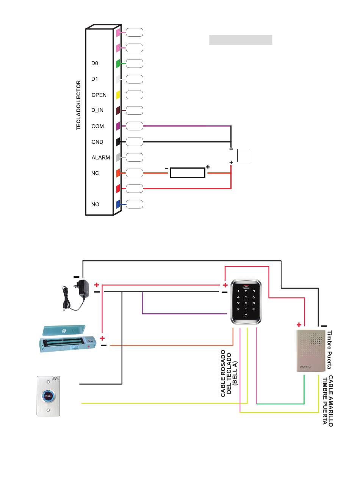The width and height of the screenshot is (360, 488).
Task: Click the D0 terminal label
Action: (95, 63)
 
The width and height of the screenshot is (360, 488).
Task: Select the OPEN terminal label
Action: (99, 95)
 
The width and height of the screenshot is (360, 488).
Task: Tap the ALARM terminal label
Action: (101, 157)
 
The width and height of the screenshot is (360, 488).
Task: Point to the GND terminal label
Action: (97, 142)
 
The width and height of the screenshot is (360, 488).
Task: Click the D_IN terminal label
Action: (97, 110)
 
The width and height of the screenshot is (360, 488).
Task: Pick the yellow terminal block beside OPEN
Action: (118, 95)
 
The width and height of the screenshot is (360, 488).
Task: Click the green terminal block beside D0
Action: (118, 64)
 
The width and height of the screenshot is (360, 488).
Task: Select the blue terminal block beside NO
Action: (118, 204)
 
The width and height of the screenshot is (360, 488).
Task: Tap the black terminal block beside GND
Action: (118, 142)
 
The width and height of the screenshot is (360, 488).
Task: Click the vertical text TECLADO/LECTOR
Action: (78, 105)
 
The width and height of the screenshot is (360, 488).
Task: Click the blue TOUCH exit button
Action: (48, 396)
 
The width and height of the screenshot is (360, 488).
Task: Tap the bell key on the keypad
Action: (246, 315)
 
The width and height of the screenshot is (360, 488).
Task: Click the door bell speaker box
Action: (311, 350)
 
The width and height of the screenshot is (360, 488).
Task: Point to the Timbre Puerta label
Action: (329, 350)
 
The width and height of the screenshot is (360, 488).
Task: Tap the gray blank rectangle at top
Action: (241, 40)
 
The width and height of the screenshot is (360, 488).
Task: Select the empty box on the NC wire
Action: (188, 173)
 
